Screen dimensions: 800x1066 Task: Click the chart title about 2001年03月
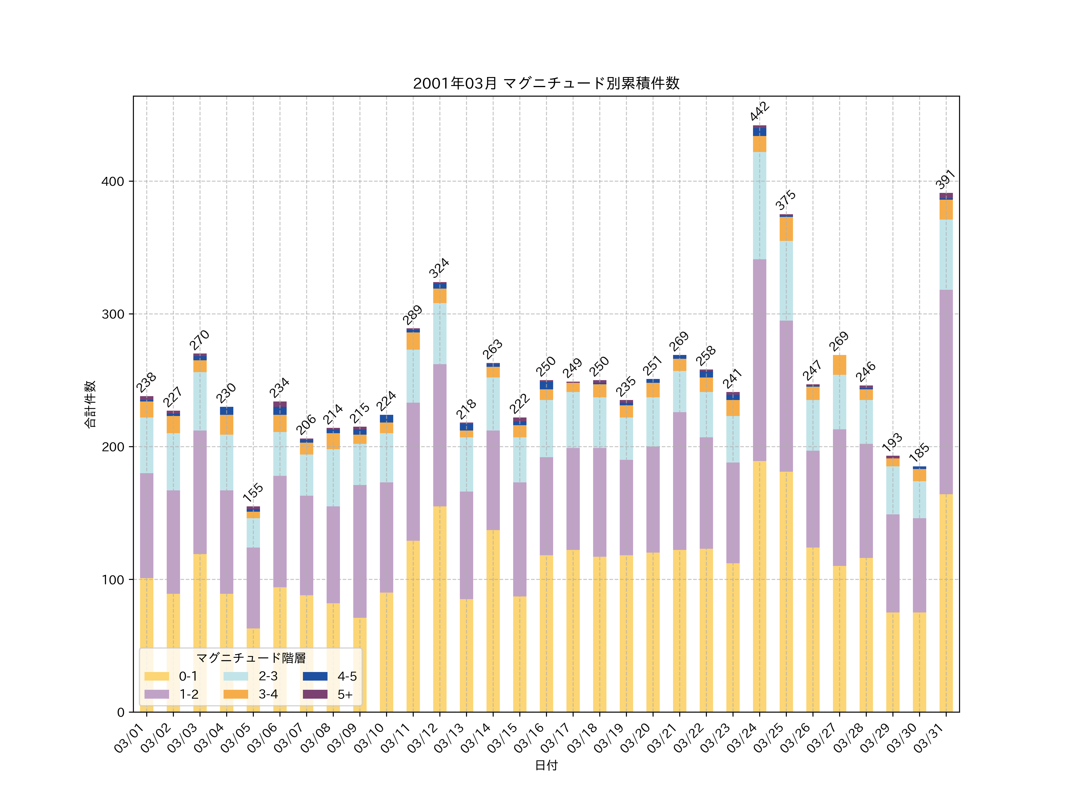pyautogui.click(x=546, y=84)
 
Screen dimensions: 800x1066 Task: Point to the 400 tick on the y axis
pyautogui.click(x=113, y=182)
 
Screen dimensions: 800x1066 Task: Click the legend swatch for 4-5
pyautogui.click(x=315, y=676)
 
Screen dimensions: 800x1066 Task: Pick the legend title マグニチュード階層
pyautogui.click(x=251, y=658)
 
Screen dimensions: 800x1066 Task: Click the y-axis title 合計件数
pyautogui.click(x=90, y=404)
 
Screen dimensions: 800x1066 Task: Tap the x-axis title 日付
pyautogui.click(x=546, y=765)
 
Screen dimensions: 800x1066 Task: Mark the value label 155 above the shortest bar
pyautogui.click(x=253, y=492)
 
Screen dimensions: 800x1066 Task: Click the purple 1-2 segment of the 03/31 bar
pyautogui.click(x=946, y=392)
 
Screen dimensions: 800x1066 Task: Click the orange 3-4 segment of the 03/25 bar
pyautogui.click(x=786, y=229)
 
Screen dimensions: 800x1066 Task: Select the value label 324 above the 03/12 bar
pyautogui.click(x=439, y=268)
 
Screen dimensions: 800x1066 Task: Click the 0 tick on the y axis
pyautogui.click(x=121, y=712)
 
